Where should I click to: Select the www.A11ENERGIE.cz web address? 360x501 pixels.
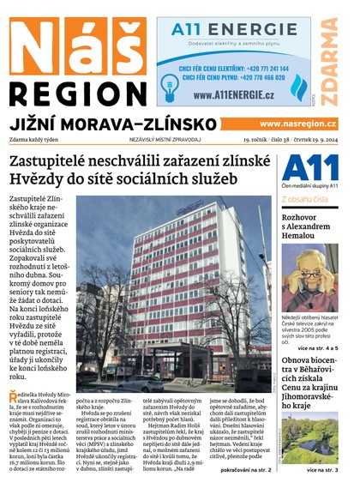227,94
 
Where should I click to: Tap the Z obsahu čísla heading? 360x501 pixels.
304,199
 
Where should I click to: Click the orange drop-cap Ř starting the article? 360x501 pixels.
13,395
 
